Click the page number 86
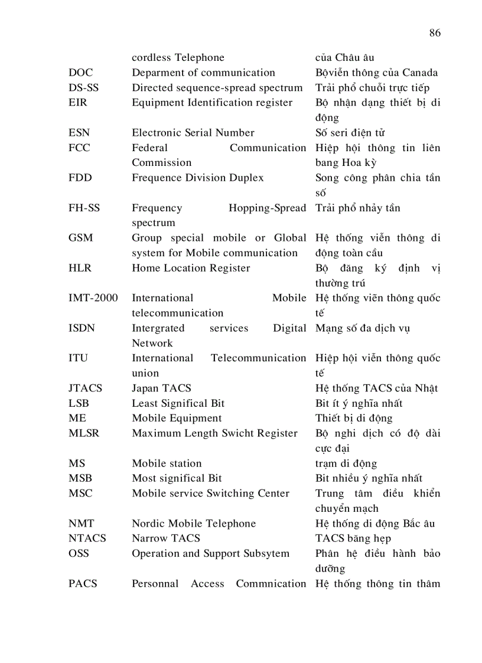(435, 33)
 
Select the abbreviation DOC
(80, 73)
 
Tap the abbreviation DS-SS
(84, 88)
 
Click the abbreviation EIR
(78, 103)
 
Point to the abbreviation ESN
(79, 133)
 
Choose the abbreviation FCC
(79, 148)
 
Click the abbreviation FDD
(80, 178)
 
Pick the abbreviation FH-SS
(84, 208)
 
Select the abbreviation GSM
(80, 238)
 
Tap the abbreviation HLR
(80, 268)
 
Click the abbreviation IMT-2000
(93, 298)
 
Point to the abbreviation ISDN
(82, 328)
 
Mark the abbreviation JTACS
(85, 388)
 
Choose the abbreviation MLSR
(84, 433)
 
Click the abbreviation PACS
(83, 584)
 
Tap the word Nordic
(148, 524)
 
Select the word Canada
(420, 73)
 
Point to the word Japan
(145, 388)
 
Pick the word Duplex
(245, 178)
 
